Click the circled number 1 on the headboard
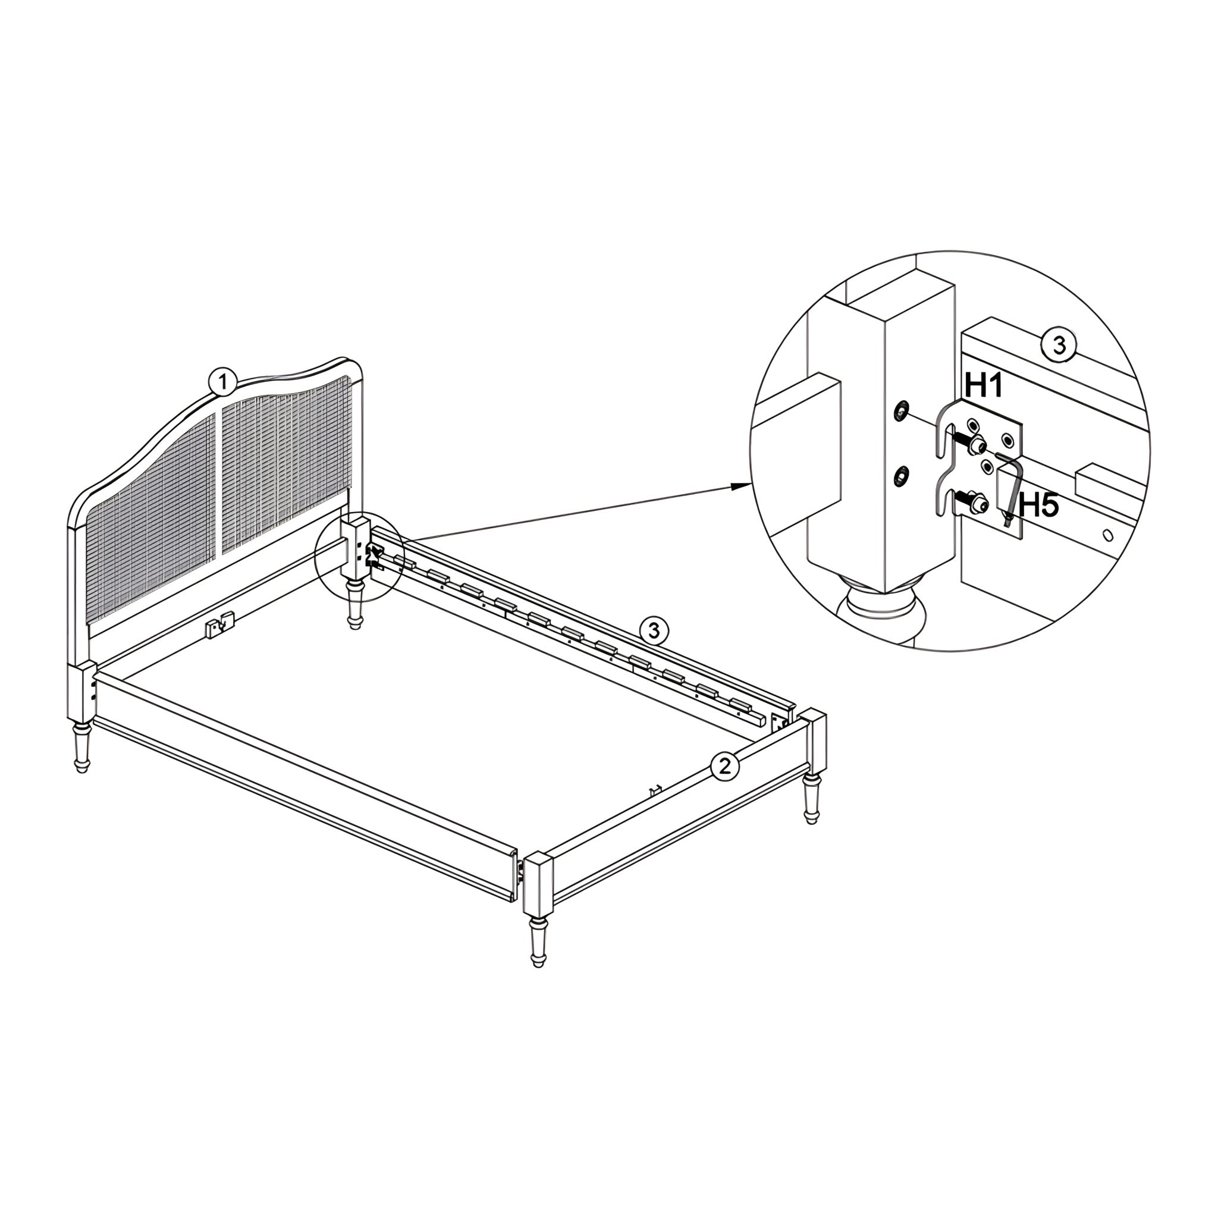point(221,382)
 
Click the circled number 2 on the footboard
point(724,766)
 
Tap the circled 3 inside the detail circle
point(1059,346)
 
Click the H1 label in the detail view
point(984,385)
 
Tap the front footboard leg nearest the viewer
point(537,946)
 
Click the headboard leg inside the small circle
point(355,602)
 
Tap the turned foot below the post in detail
point(883,611)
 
